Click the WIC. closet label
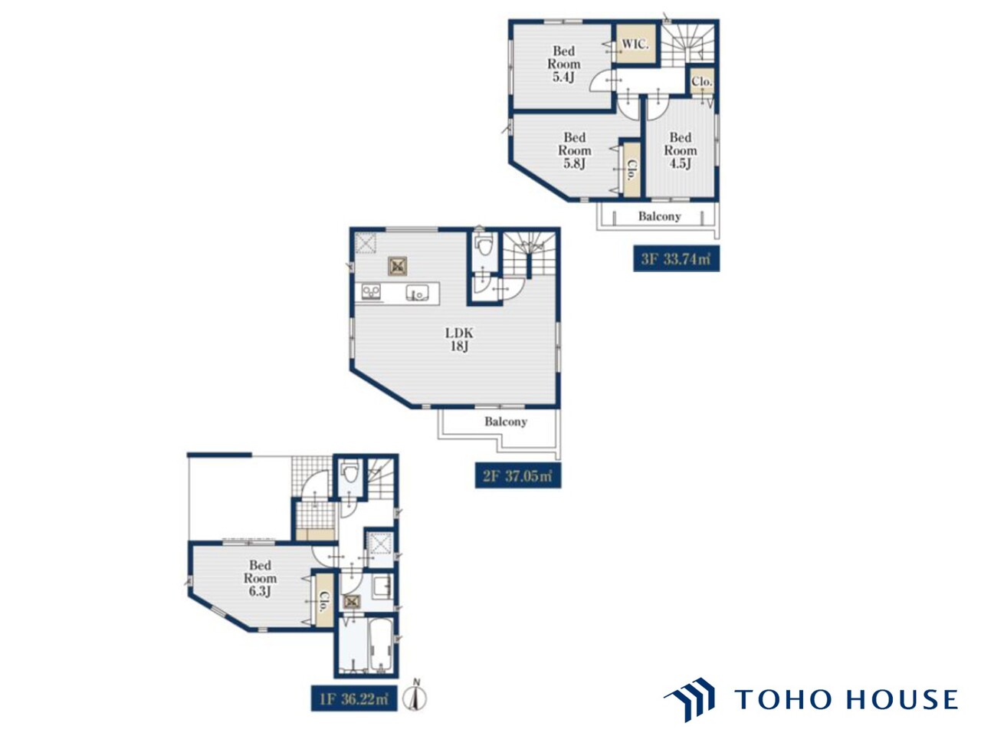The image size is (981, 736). tap(635, 44)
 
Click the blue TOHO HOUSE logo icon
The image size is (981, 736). tap(688, 699)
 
